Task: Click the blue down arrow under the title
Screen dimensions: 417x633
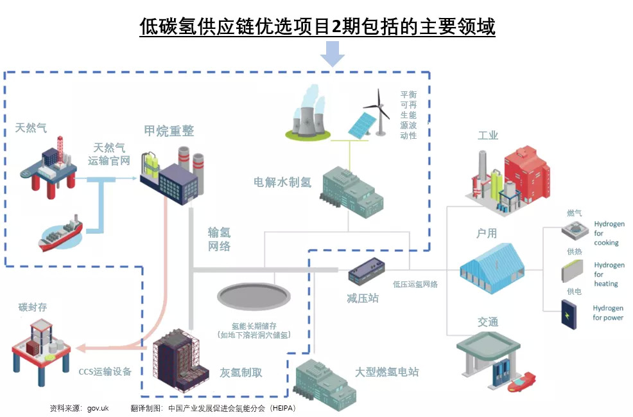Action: pyautogui.click(x=333, y=53)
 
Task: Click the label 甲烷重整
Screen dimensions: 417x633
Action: pyautogui.click(x=169, y=131)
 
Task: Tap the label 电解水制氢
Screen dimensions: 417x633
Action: pyautogui.click(x=282, y=182)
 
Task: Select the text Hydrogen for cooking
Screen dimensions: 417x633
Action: pyautogui.click(x=608, y=233)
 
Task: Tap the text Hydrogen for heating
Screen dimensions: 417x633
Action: pyautogui.click(x=609, y=274)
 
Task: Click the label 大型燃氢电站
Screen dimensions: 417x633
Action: pyautogui.click(x=387, y=372)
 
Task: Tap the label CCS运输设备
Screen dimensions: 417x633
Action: pyautogui.click(x=105, y=371)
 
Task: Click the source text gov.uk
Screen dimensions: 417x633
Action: pyautogui.click(x=98, y=408)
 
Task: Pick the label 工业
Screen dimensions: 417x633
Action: pyautogui.click(x=488, y=136)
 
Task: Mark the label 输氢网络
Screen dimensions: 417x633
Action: pyautogui.click(x=219, y=239)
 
